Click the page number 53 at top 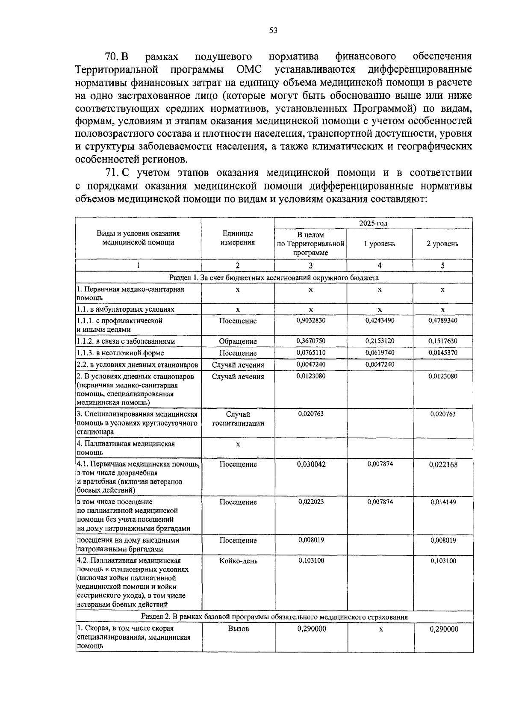point(274,30)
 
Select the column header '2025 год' point(373,223)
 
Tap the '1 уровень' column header point(379,244)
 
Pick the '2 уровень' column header point(442,244)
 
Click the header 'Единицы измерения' point(237,238)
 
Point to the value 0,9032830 point(310,320)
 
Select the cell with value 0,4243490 point(380,320)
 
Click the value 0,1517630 point(442,341)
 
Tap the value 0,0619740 point(380,352)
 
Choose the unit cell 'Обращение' point(238,341)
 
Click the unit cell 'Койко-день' point(238,561)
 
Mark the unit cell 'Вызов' point(238,629)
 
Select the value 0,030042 point(311,464)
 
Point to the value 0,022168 point(443,464)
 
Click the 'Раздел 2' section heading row point(274,617)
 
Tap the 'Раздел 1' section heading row point(274,277)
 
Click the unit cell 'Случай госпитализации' point(238,419)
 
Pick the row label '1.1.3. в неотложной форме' point(120,353)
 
